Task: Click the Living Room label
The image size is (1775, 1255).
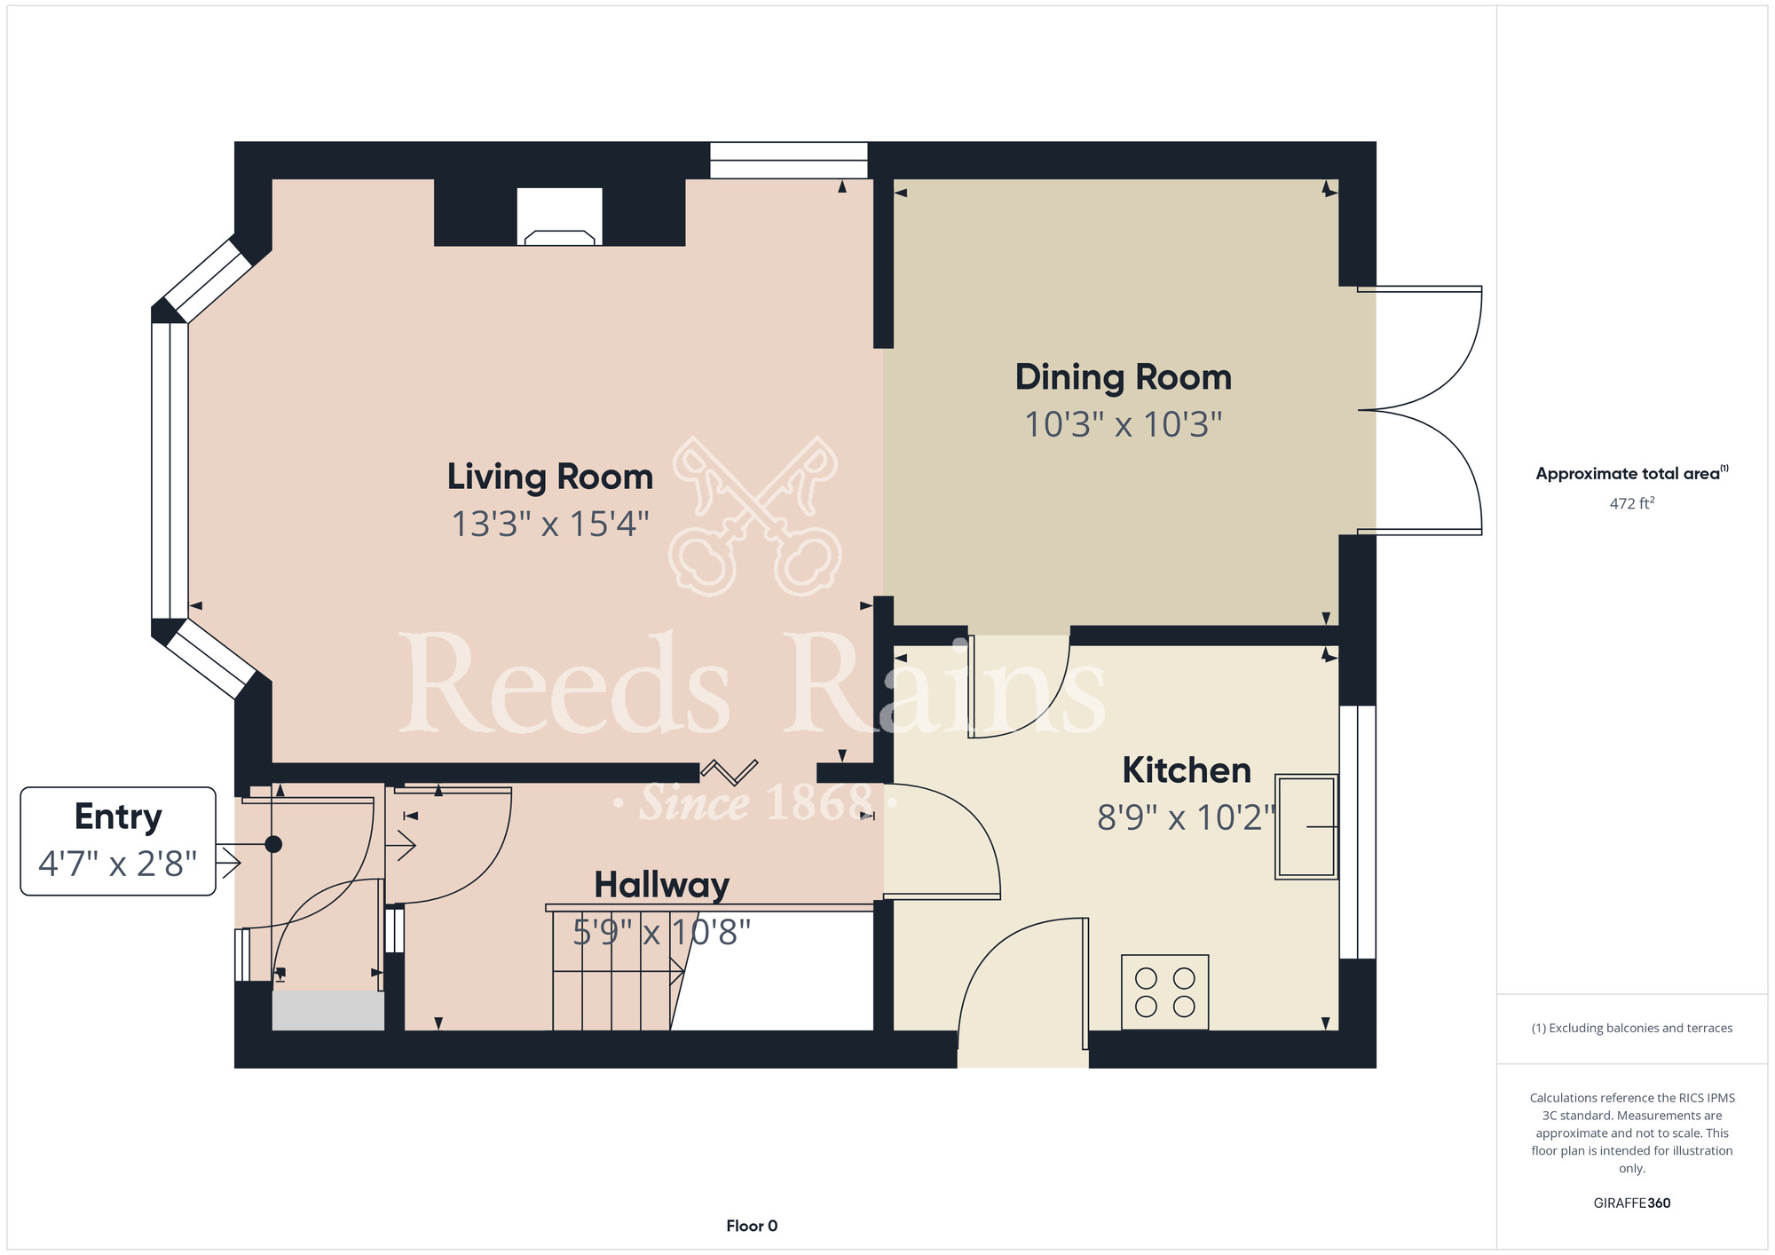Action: (x=550, y=478)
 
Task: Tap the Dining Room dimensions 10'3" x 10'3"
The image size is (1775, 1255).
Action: (x=1124, y=425)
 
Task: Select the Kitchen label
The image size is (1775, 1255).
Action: (x=1187, y=770)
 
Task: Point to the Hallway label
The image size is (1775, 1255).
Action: (x=662, y=885)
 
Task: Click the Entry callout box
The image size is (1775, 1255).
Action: (x=118, y=841)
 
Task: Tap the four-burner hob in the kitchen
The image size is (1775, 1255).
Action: (x=1164, y=991)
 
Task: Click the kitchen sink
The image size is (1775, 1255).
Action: (x=1306, y=827)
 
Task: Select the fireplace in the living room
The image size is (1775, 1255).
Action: (x=559, y=217)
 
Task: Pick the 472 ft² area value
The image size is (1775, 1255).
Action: (x=1632, y=503)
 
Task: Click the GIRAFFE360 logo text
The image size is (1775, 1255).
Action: (x=1632, y=1204)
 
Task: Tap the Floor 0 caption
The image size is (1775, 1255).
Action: (x=752, y=1226)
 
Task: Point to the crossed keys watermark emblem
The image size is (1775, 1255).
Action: (x=755, y=516)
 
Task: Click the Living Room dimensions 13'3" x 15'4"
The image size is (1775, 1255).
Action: (x=550, y=525)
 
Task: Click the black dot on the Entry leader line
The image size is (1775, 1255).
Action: (x=273, y=844)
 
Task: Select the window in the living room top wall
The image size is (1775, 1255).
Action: (x=788, y=161)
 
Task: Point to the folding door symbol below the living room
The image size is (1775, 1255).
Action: (x=730, y=771)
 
